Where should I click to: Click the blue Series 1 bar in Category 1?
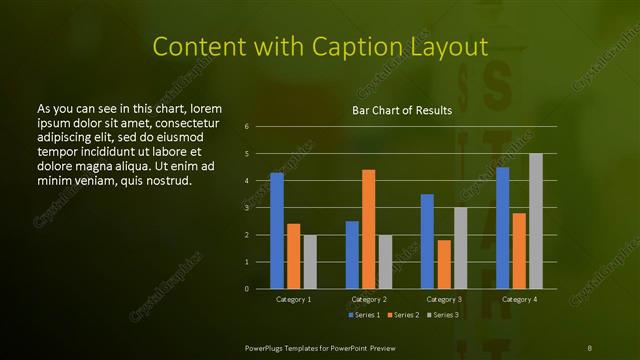277,230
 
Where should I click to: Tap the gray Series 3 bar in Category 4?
535,221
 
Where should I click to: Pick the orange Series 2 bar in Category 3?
444,264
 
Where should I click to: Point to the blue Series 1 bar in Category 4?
502,228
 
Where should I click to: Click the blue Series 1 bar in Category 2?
352,254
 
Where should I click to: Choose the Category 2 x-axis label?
368,299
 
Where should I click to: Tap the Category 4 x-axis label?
518,299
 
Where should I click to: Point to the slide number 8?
589,346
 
